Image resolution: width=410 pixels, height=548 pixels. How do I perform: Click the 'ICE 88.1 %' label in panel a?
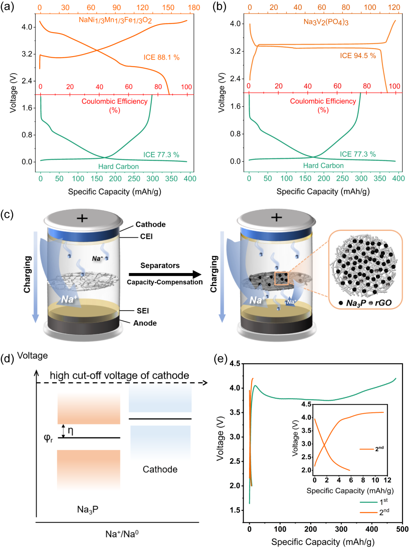coord(161,58)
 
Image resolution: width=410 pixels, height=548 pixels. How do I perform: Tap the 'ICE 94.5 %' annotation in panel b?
coord(358,56)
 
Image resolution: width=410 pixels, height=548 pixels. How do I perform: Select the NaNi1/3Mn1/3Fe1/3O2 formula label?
coord(115,20)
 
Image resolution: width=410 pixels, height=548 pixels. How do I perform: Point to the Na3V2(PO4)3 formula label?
coord(326,22)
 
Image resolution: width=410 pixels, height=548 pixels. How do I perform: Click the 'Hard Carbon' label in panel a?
coord(118,166)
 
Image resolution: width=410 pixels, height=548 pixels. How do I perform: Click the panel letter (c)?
coord(7,215)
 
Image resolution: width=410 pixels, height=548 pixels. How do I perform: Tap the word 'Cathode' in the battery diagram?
coord(150,225)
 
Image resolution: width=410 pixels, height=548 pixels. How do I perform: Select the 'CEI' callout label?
coord(146,237)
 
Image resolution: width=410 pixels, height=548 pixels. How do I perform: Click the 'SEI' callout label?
coord(143,311)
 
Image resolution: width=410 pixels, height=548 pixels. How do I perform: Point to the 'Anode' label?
coord(145,323)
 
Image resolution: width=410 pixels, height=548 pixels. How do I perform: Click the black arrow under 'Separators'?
coord(165,274)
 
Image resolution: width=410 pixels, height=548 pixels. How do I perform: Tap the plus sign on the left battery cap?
coord(82,218)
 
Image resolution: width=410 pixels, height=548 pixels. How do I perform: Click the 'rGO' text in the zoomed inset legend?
coord(383,303)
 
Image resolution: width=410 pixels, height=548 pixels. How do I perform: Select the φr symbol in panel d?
coord(49,438)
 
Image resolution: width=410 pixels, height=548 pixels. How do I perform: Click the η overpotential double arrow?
coord(63,431)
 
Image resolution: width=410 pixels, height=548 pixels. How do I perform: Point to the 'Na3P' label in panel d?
coord(88,509)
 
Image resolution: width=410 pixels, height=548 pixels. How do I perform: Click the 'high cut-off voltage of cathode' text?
coord(119,375)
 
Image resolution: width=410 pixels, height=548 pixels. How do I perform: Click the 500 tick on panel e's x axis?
coord(402,529)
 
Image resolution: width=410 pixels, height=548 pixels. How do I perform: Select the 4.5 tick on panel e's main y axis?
coord(235,364)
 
